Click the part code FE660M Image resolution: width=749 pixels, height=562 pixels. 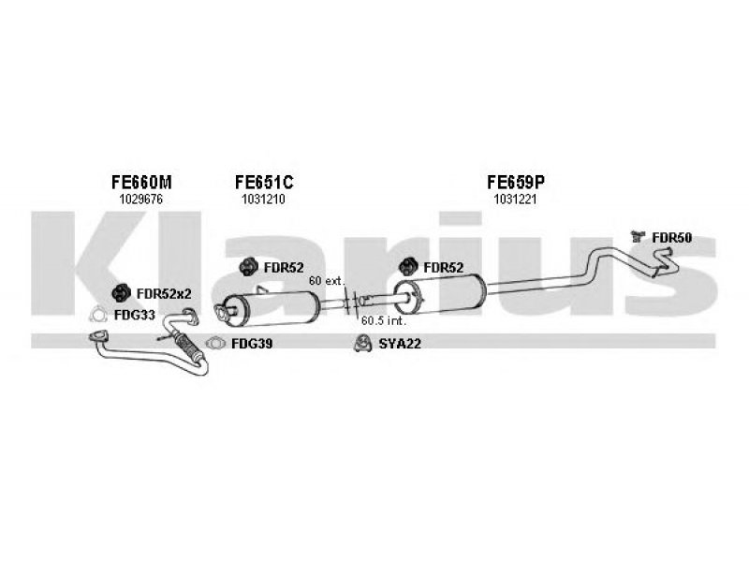(141, 182)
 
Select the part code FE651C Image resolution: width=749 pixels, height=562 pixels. (264, 182)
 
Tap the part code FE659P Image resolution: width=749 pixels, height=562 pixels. (516, 182)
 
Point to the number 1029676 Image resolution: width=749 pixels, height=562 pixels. (141, 200)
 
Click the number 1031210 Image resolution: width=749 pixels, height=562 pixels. (263, 200)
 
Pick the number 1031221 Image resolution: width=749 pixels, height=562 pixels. (515, 200)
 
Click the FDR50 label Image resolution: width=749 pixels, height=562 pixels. (671, 238)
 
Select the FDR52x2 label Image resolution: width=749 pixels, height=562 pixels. (164, 293)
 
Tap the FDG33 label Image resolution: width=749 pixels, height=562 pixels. (135, 315)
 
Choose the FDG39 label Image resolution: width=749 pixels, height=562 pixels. (252, 344)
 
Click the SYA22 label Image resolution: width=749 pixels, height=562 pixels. (400, 344)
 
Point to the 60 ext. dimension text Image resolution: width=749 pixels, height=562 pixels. (327, 281)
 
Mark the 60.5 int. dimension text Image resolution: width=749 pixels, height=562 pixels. (384, 320)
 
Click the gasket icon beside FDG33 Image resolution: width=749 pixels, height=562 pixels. (98, 315)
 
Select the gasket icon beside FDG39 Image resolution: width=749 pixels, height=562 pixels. (215, 343)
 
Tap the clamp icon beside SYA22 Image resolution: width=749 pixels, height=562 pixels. (363, 344)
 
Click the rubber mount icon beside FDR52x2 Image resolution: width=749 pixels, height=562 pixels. (121, 293)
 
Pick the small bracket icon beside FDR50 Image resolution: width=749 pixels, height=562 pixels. (638, 236)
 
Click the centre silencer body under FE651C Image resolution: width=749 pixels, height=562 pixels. (272, 309)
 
